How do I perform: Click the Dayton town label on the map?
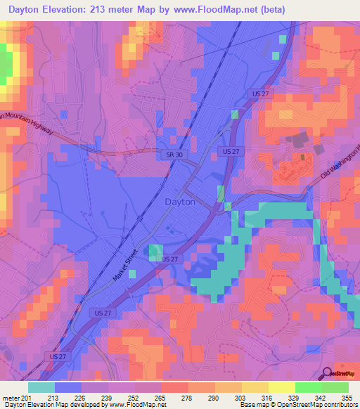[180, 202]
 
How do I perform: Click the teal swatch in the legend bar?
[41, 387]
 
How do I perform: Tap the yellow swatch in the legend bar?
[282, 387]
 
